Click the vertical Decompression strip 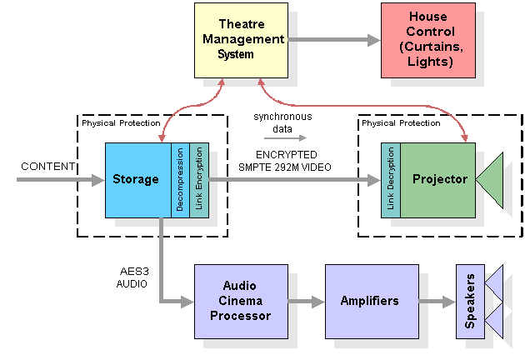pyautogui.click(x=180, y=180)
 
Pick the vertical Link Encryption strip pyautogui.click(x=198, y=180)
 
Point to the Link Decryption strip pyautogui.click(x=391, y=180)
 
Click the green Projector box pyautogui.click(x=438, y=180)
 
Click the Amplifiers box pyautogui.click(x=370, y=301)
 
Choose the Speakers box pyautogui.click(x=470, y=301)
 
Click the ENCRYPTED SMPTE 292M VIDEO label pyautogui.click(x=287, y=161)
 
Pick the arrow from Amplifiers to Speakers pyautogui.click(x=436, y=301)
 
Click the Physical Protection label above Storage pyautogui.click(x=121, y=123)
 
